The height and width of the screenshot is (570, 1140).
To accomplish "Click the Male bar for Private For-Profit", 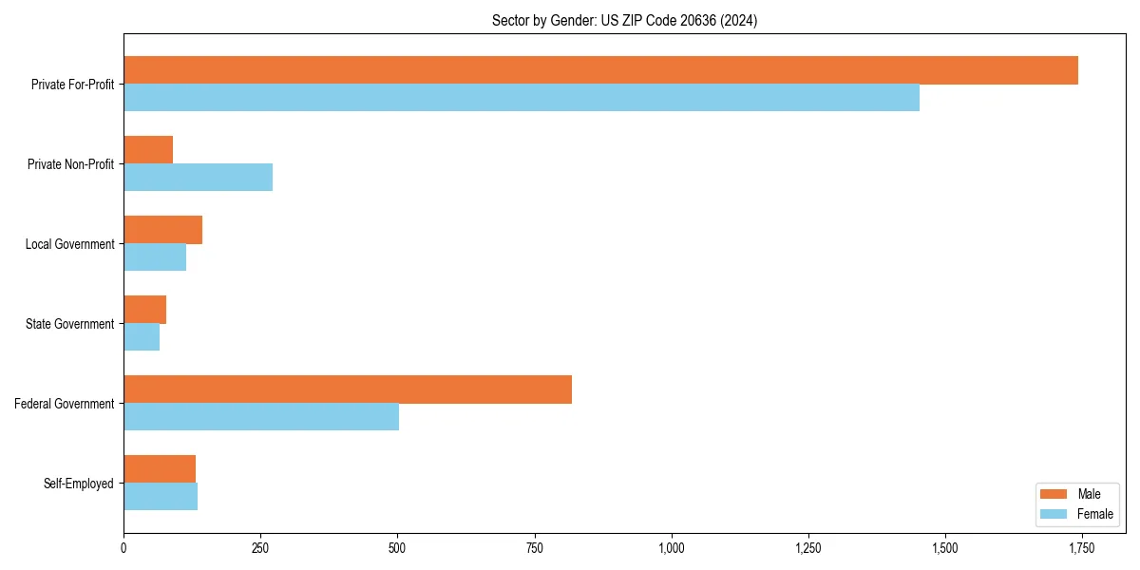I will click(x=600, y=70).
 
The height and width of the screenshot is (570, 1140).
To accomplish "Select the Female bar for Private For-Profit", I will click(x=522, y=98).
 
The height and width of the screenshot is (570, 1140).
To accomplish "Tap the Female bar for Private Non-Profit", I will click(x=198, y=178).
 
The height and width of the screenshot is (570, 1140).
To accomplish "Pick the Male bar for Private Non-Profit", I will click(x=148, y=150).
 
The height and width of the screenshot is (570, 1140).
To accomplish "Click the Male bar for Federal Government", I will click(x=348, y=389).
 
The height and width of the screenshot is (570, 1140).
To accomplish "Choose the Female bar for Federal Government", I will click(x=261, y=417).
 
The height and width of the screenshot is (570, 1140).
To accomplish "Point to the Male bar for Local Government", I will click(x=162, y=230).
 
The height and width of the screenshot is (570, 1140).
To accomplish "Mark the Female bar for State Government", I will click(x=142, y=337).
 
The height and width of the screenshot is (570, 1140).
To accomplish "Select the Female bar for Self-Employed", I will click(x=161, y=497).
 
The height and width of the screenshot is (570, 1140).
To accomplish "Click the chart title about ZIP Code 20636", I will click(x=624, y=20).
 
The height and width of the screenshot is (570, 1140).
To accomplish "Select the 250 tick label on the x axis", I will click(x=260, y=548).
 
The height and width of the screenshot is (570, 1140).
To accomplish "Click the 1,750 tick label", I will click(x=1082, y=548).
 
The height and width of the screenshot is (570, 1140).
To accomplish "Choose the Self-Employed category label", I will click(x=79, y=484).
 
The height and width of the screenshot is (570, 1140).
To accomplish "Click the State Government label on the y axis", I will click(x=70, y=324).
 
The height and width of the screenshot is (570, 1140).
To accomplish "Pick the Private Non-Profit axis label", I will click(x=70, y=164).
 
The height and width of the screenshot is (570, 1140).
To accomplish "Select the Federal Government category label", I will click(x=65, y=404).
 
